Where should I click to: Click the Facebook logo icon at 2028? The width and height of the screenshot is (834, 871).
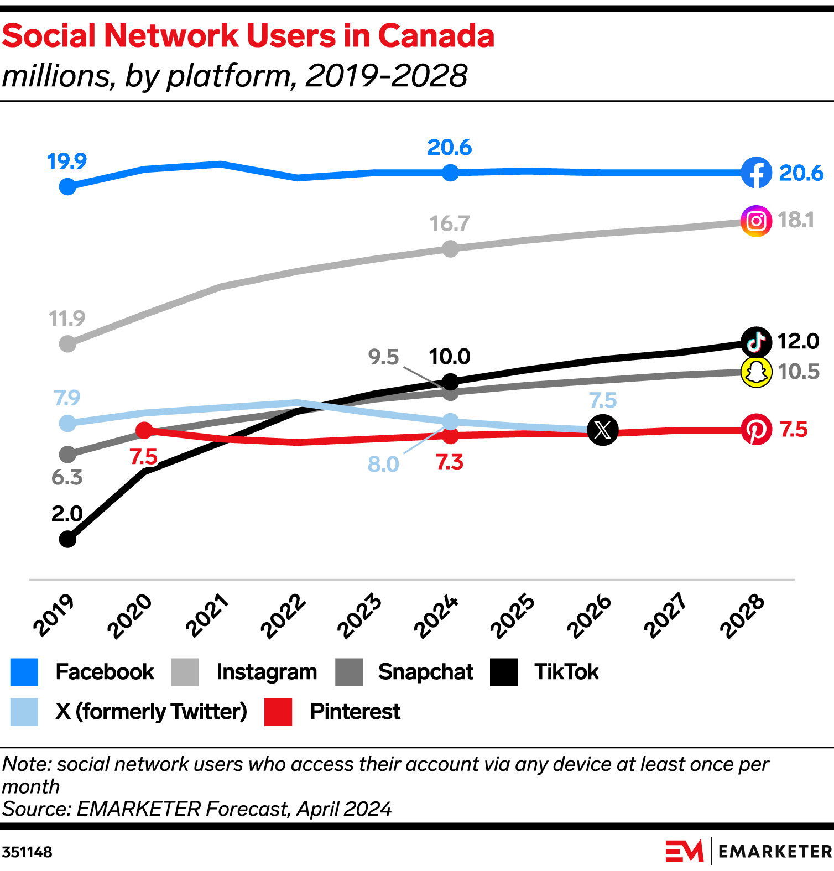tap(756, 173)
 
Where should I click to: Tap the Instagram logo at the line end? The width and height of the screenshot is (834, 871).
tap(756, 221)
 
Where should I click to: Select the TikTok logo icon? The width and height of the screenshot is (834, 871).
tap(756, 342)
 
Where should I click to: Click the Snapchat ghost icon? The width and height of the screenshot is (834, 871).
tap(756, 372)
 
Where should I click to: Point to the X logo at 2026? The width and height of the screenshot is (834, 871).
tap(602, 430)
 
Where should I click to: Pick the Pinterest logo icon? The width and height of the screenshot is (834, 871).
tap(756, 429)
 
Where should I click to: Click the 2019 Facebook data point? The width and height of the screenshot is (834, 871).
tap(67, 187)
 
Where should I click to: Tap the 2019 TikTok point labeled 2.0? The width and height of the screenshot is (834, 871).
tap(67, 539)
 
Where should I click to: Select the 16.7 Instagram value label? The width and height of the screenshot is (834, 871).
tap(450, 224)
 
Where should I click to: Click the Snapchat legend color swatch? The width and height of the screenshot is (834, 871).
tap(349, 672)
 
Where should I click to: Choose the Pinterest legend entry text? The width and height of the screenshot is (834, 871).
tap(355, 712)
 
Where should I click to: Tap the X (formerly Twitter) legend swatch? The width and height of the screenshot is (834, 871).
tap(24, 712)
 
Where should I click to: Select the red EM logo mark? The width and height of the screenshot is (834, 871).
tap(684, 851)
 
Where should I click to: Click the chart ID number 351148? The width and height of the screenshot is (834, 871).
tap(27, 852)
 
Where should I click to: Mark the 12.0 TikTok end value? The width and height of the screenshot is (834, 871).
tap(798, 342)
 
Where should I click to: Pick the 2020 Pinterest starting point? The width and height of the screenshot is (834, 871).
tap(144, 430)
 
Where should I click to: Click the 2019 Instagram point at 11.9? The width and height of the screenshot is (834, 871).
tap(67, 344)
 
